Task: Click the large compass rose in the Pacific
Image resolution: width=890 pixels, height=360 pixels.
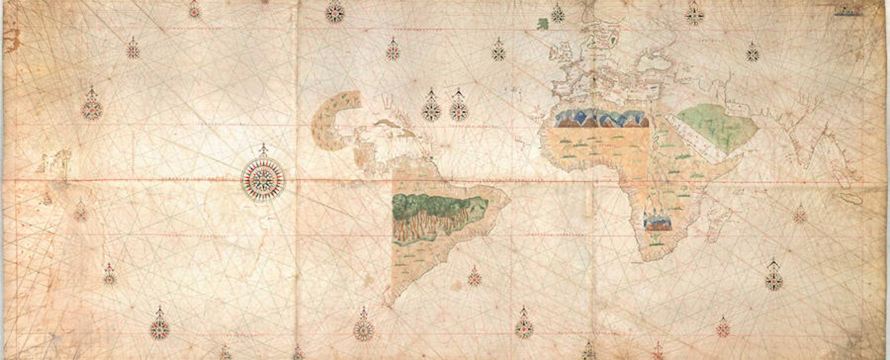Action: pyautogui.click(x=263, y=180)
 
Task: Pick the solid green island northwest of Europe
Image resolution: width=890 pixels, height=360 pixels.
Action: pyautogui.click(x=543, y=23)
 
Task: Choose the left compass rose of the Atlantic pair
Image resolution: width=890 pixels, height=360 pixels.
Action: pyautogui.click(x=431, y=111)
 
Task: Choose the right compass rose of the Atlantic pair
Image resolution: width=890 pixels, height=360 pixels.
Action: pyautogui.click(x=458, y=111)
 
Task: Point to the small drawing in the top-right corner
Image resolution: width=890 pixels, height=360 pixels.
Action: pyautogui.click(x=848, y=10)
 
